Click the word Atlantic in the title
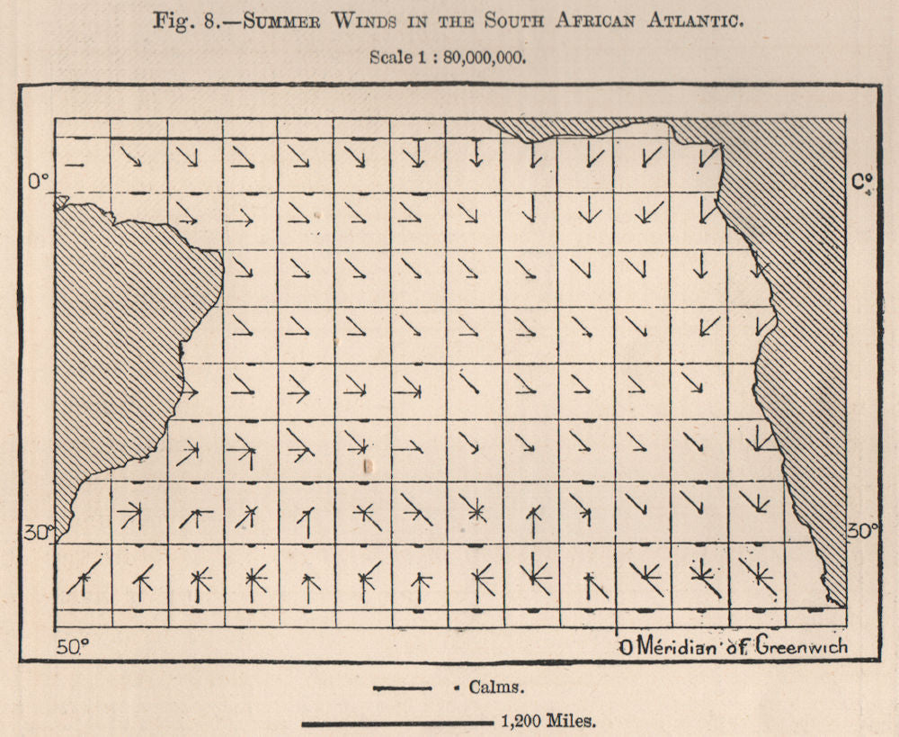click(x=693, y=22)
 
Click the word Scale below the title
click(x=389, y=56)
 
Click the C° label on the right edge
click(x=862, y=183)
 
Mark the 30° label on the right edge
click(x=862, y=530)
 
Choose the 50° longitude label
click(x=73, y=646)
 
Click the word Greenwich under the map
click(x=800, y=647)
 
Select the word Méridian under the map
click(x=671, y=647)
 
